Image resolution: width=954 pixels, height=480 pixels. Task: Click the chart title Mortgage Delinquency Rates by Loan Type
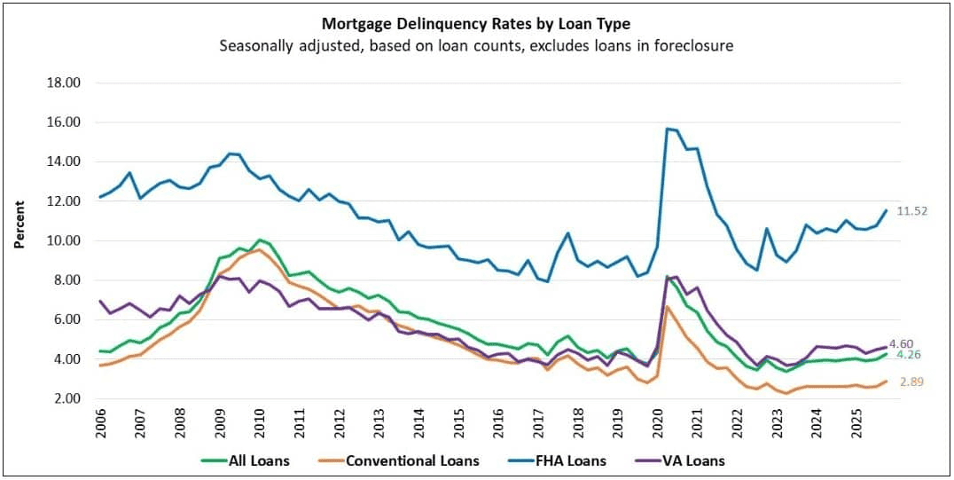(x=476, y=24)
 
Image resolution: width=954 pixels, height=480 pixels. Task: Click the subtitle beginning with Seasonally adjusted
(x=476, y=45)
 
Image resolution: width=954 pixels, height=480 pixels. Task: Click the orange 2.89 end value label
(x=916, y=382)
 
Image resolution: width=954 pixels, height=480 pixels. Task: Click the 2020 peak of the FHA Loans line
(x=667, y=129)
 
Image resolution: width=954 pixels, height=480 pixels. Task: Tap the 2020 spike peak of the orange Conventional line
(x=667, y=306)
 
